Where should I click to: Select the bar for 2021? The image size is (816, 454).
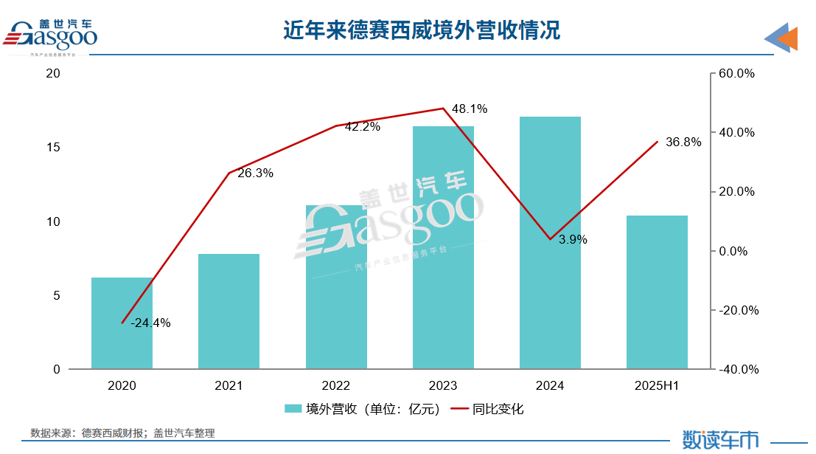pyautogui.click(x=229, y=312)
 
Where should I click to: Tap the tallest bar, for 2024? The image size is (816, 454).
pyautogui.click(x=550, y=243)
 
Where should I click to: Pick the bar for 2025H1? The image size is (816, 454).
pyautogui.click(x=657, y=292)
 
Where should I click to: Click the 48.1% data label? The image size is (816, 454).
pyautogui.click(x=470, y=109)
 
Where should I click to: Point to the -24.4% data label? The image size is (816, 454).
pyautogui.click(x=150, y=323)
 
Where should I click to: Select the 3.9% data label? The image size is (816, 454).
pyautogui.click(x=573, y=239)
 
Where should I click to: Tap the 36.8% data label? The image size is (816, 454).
pyautogui.click(x=683, y=142)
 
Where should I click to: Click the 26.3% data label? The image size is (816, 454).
pyautogui.click(x=255, y=173)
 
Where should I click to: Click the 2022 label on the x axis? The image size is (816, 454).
pyautogui.click(x=335, y=385)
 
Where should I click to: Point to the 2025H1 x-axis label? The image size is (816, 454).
pyautogui.click(x=657, y=385)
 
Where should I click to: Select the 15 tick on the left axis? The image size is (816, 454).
pyautogui.click(x=52, y=148)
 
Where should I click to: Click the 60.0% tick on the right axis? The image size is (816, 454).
pyautogui.click(x=738, y=74)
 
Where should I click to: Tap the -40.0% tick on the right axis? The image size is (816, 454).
pyautogui.click(x=736, y=369)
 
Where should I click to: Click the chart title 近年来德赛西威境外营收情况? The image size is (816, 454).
pyautogui.click(x=422, y=30)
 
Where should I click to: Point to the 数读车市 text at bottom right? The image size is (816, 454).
pyautogui.click(x=720, y=439)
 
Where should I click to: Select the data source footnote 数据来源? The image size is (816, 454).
pyautogui.click(x=122, y=433)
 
